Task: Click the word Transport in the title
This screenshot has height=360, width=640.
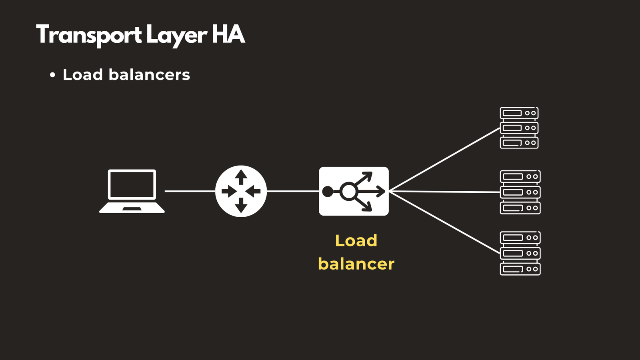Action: [89, 35]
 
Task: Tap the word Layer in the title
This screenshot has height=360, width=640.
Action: [176, 35]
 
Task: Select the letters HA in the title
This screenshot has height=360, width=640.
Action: [228, 34]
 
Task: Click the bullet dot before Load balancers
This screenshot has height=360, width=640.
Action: [52, 75]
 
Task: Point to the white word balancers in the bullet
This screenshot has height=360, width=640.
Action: [149, 75]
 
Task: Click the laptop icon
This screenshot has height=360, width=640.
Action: [132, 191]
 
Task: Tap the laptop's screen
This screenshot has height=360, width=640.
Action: [132, 184]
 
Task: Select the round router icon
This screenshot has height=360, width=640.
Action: [241, 191]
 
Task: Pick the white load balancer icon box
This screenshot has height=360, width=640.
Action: [354, 191]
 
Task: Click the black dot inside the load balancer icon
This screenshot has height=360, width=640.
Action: [327, 192]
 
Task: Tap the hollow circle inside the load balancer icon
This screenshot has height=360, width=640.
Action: [348, 191]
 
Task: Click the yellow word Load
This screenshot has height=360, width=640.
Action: [356, 240]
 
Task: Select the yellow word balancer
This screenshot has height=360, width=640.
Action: [356, 264]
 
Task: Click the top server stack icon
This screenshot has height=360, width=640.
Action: [519, 128]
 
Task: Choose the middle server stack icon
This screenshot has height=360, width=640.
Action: [520, 192]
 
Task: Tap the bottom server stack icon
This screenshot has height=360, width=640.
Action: [520, 253]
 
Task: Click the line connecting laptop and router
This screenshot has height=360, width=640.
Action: [190, 191]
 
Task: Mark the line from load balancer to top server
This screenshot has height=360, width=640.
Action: [444, 160]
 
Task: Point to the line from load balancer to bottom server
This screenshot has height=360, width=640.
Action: [444, 222]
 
